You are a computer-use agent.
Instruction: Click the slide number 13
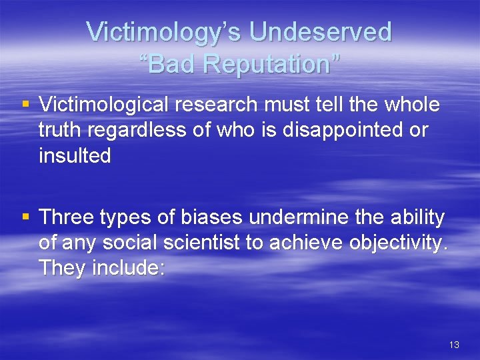click(454, 345)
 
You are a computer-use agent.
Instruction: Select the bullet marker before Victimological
click(26, 105)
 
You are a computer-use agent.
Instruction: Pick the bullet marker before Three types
click(26, 217)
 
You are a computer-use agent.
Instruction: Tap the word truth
click(61, 131)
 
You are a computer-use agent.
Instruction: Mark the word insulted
click(75, 156)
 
